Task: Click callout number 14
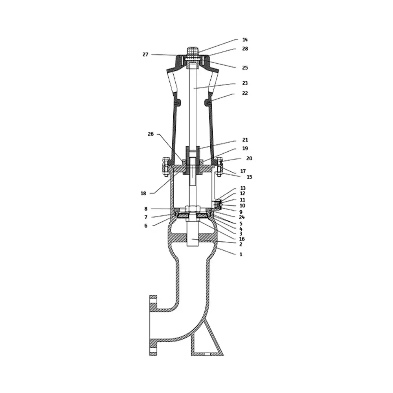(x=245, y=40)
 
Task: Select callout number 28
(x=245, y=49)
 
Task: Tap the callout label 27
(x=145, y=54)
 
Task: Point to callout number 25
(x=245, y=68)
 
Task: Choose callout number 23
(x=245, y=83)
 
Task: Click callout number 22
(x=245, y=93)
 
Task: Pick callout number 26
(x=151, y=134)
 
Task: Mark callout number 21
(x=245, y=140)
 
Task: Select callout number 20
(x=249, y=158)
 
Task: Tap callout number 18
(x=143, y=193)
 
